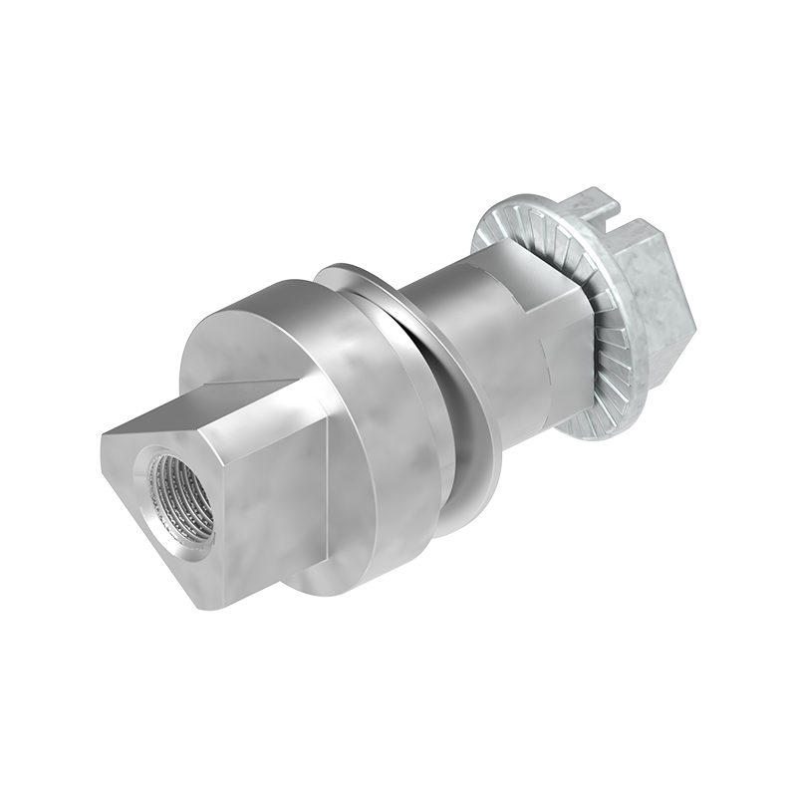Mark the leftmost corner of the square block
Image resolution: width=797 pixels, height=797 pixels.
102,438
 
